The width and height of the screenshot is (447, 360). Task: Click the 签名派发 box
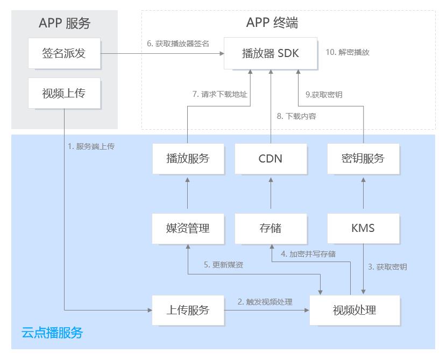click(x=64, y=53)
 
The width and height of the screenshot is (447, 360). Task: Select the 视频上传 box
click(x=64, y=93)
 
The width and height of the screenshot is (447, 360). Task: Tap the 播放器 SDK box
click(x=271, y=53)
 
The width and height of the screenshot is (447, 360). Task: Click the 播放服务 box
click(x=188, y=159)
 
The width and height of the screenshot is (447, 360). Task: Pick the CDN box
click(x=271, y=159)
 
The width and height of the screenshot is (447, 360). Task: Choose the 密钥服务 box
click(x=363, y=159)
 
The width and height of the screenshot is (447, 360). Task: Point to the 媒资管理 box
click(x=188, y=229)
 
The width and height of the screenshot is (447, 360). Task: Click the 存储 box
click(x=271, y=229)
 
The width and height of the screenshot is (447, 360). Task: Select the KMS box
click(x=363, y=229)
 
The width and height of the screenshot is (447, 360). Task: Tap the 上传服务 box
click(x=188, y=310)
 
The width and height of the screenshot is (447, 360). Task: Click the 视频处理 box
click(x=354, y=310)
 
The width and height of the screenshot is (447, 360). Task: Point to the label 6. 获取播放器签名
click(x=178, y=44)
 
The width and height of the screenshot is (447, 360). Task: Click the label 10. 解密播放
click(x=347, y=52)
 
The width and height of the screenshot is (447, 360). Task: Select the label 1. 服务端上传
click(x=91, y=146)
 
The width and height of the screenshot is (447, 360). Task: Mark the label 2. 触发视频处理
click(x=265, y=302)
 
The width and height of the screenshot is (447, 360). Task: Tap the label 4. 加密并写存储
click(x=308, y=254)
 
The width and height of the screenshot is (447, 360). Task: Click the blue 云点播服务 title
click(x=52, y=333)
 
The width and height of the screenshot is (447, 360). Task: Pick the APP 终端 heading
click(x=272, y=23)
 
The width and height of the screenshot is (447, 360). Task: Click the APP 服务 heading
click(x=65, y=23)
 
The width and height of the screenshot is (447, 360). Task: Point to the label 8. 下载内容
click(x=296, y=116)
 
